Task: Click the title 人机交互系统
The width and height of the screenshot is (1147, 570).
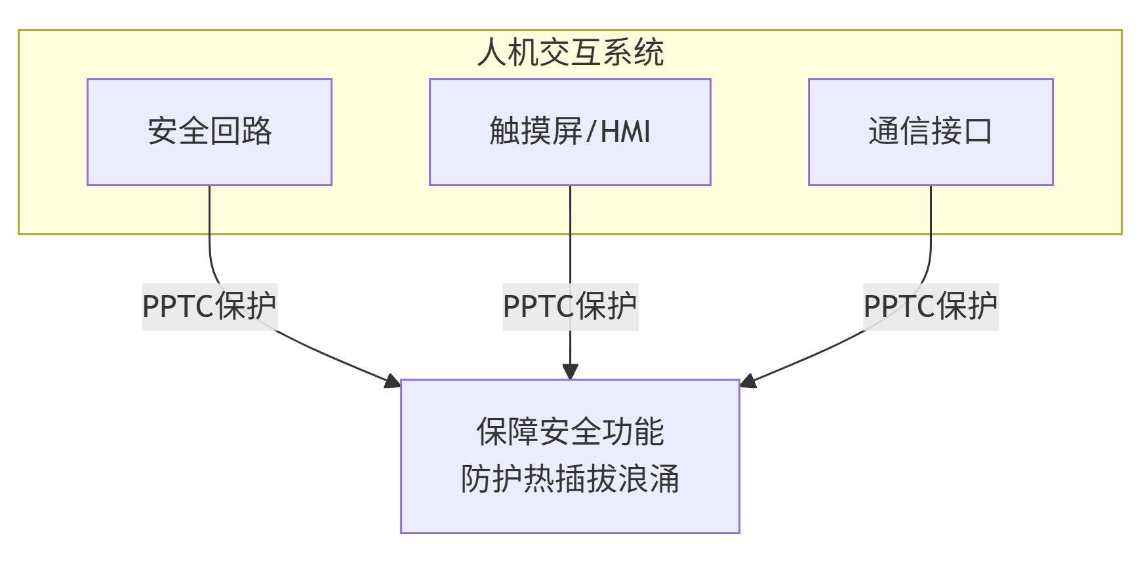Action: tap(570, 52)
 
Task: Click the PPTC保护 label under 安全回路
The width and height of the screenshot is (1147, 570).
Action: tap(209, 306)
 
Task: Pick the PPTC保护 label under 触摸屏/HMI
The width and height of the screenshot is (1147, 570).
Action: tap(570, 306)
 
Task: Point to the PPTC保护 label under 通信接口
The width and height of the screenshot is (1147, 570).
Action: tap(931, 306)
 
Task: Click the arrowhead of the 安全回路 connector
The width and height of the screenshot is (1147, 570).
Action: tap(393, 381)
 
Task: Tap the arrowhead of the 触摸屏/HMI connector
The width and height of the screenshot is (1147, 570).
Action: tap(570, 371)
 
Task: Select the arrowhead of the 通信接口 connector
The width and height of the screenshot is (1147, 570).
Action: tap(748, 381)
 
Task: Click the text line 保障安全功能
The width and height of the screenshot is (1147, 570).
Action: tap(570, 432)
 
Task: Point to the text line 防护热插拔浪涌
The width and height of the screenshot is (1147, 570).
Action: tap(570, 479)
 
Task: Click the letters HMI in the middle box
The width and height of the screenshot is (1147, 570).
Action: tap(625, 132)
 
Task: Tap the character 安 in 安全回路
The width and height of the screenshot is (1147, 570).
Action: tap(163, 131)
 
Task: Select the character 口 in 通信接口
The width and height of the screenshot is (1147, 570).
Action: tap(977, 132)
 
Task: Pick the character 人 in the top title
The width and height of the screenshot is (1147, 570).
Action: tap(493, 52)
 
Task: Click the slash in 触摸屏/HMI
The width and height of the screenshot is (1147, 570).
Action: tap(590, 132)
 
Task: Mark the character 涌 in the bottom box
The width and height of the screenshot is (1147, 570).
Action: tap(664, 479)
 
